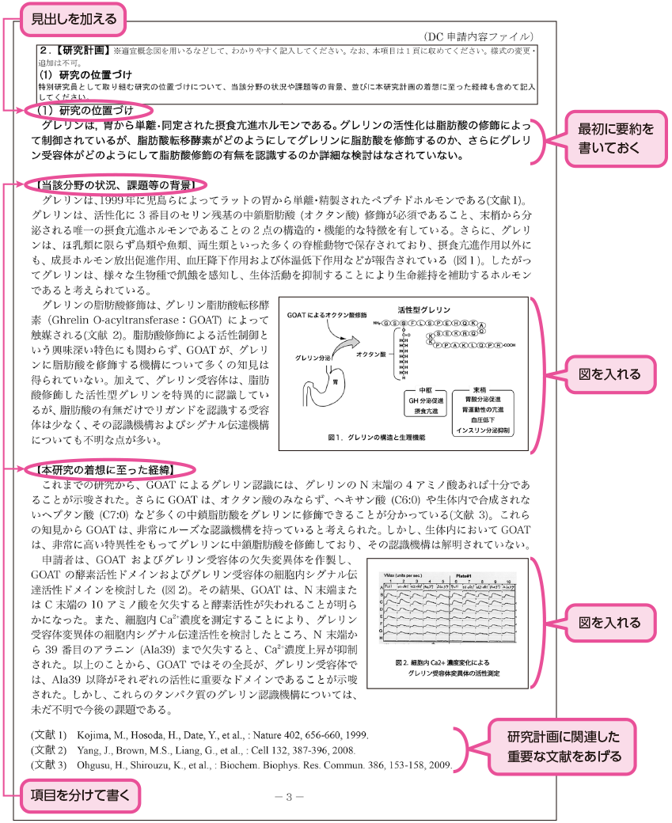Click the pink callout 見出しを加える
(x=74, y=17)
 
